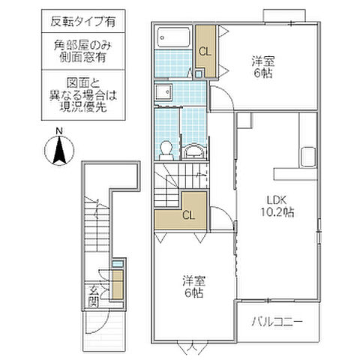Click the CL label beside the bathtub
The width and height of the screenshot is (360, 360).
[204, 51]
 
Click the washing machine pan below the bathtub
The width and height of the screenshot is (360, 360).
[163, 92]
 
